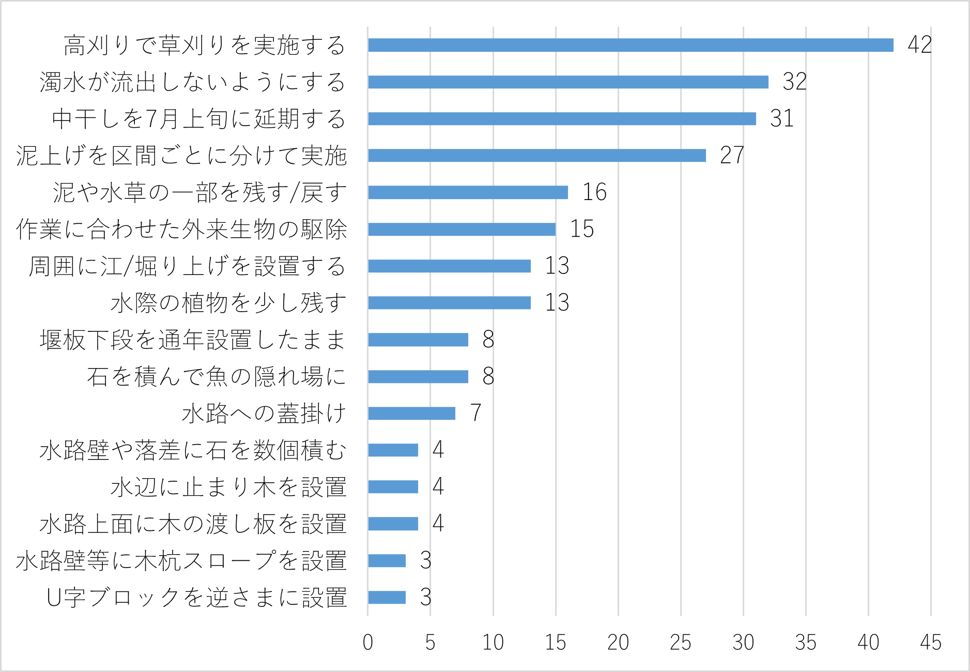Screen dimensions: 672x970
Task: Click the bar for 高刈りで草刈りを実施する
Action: click(630, 45)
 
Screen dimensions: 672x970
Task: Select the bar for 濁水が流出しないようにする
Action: click(568, 82)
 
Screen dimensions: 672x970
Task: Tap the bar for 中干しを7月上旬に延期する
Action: click(562, 119)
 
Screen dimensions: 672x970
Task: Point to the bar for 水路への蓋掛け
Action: click(411, 414)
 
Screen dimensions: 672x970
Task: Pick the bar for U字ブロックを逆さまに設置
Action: click(387, 598)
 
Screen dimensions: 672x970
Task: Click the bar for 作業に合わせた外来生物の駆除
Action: click(461, 229)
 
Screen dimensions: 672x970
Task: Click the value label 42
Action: click(920, 45)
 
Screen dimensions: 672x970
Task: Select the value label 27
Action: click(732, 156)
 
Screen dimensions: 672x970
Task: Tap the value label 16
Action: click(594, 192)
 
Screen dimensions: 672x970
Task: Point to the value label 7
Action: click(475, 413)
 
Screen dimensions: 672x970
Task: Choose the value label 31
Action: click(781, 119)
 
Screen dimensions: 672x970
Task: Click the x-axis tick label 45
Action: click(930, 643)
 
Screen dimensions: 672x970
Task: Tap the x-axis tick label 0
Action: click(367, 643)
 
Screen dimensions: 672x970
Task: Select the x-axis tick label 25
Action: click(680, 643)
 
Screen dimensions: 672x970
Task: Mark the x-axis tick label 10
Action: click(492, 643)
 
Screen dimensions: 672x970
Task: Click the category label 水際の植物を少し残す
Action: click(228, 303)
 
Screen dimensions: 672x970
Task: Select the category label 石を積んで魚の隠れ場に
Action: click(217, 376)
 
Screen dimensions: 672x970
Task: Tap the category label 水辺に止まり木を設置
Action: click(228, 487)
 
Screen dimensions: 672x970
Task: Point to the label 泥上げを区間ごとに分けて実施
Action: click(181, 156)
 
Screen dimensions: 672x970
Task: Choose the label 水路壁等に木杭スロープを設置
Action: click(181, 561)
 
